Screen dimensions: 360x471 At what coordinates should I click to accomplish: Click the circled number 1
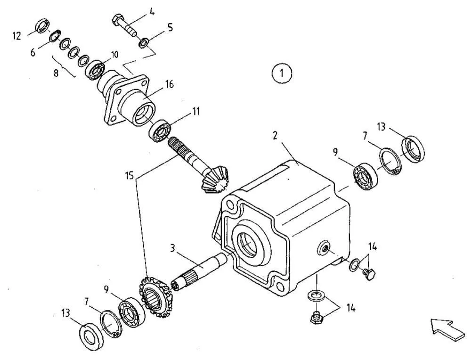coord(282,73)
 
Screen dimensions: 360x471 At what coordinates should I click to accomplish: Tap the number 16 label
coord(169,84)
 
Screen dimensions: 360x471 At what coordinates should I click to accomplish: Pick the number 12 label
coord(17,36)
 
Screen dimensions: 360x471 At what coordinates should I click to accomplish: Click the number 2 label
coord(275,135)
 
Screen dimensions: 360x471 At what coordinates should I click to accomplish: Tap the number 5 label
coord(170,27)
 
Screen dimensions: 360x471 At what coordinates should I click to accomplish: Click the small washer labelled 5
coord(143,44)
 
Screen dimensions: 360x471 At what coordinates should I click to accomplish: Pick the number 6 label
coord(33,52)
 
